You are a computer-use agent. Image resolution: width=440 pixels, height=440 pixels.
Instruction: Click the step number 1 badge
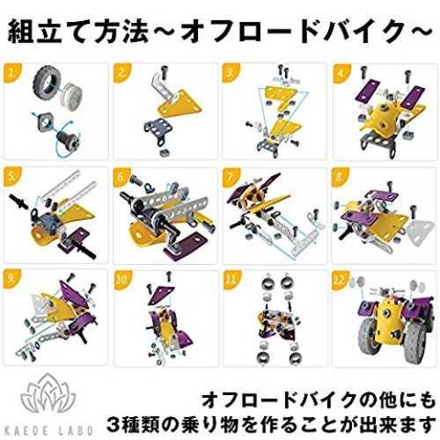tap(11, 72)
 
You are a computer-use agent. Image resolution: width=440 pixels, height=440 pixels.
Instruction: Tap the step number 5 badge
tap(11, 177)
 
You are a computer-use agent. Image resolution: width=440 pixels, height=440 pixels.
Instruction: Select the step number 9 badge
tap(11, 279)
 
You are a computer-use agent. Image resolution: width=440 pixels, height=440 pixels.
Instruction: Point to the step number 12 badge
tap(340, 279)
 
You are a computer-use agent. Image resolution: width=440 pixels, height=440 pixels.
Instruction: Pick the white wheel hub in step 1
tap(71, 94)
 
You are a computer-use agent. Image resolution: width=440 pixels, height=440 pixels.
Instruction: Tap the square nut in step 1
tap(45, 122)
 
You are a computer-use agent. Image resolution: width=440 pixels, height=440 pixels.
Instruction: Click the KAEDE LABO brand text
tap(49, 429)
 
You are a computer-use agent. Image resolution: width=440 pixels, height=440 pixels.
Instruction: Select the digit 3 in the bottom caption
tap(114, 424)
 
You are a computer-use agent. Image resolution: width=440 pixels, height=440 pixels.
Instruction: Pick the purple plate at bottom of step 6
tap(182, 247)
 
